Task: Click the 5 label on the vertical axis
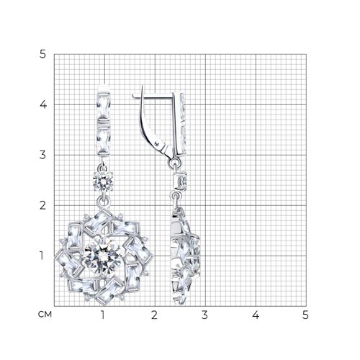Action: click(x=42, y=55)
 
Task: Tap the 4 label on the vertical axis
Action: click(x=43, y=104)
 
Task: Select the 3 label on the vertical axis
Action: click(x=42, y=155)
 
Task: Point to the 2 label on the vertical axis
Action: click(x=42, y=205)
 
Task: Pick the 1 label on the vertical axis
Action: click(x=42, y=256)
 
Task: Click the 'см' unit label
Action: click(x=45, y=315)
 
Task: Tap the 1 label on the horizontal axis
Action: click(x=103, y=315)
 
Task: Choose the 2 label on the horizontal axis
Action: click(x=154, y=315)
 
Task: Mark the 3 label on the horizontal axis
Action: click(x=204, y=315)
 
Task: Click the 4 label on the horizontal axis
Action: click(x=256, y=315)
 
